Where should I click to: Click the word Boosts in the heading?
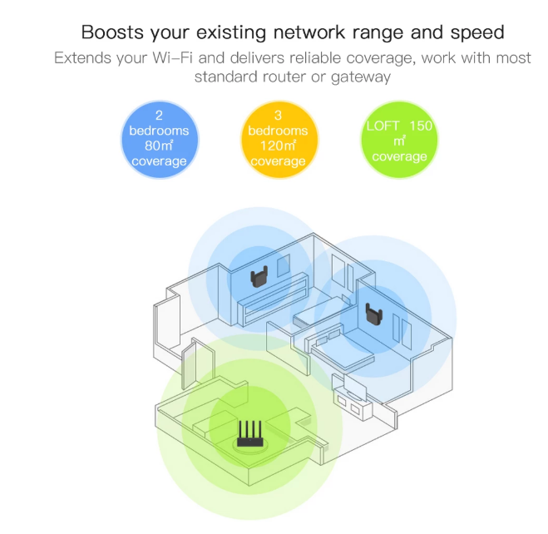[115, 33]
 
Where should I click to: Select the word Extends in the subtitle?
[82, 59]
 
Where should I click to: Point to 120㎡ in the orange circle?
[278, 146]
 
